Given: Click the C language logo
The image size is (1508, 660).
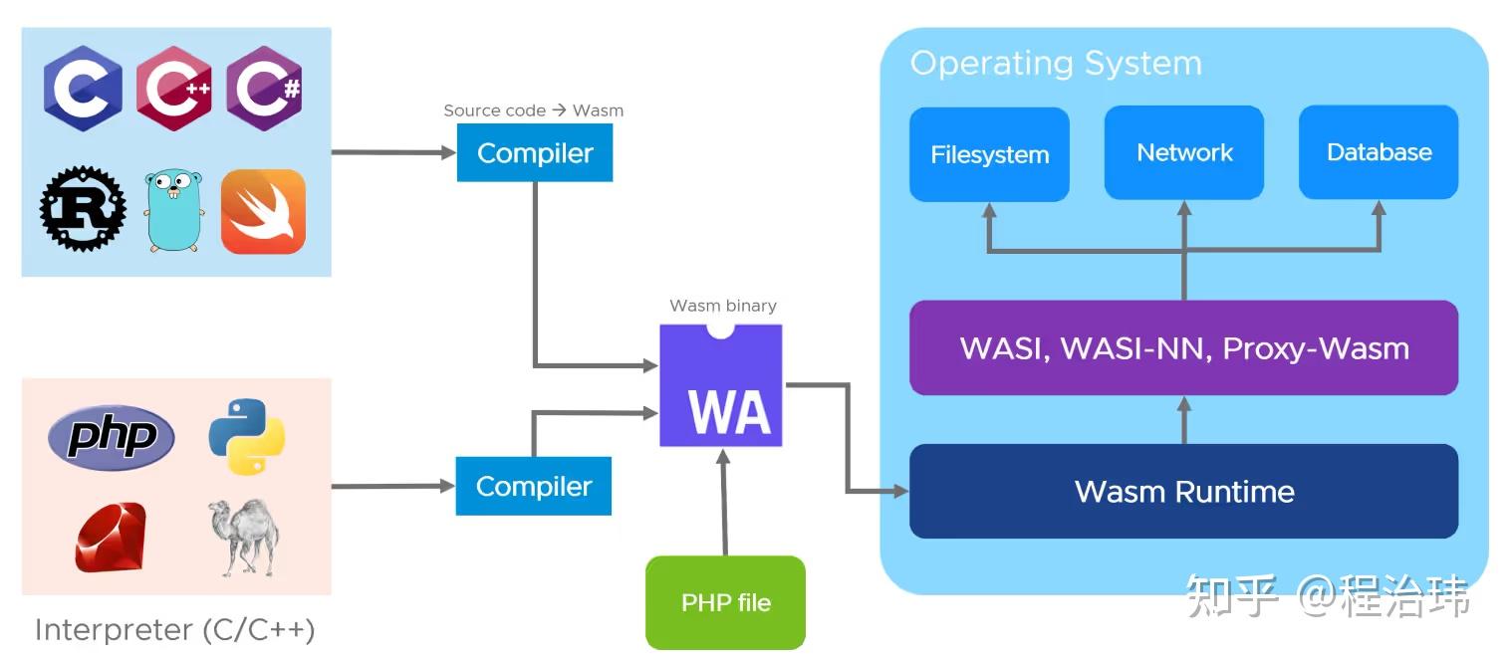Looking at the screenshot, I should point(83,89).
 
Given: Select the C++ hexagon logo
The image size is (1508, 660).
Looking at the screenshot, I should point(173,89).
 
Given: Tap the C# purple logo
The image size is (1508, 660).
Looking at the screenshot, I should point(264,89).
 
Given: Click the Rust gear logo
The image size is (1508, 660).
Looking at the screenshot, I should point(83,208).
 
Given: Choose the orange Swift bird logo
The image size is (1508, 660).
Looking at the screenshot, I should point(263,211).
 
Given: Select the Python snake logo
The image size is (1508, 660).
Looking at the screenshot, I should point(246,436).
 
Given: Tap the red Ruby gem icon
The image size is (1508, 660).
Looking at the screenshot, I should point(111,538).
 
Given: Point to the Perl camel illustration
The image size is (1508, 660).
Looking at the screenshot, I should point(243,537).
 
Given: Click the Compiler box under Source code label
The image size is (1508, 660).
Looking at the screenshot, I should point(535,153).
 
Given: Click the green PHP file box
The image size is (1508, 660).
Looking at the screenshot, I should point(725,602).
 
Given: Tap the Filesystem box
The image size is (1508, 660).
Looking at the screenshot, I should point(989,154).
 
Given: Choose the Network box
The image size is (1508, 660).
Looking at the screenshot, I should point(1183,152).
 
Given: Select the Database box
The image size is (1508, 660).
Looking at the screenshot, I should point(1379,152).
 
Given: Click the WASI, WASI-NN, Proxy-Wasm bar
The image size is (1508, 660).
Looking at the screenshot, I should point(1183,348).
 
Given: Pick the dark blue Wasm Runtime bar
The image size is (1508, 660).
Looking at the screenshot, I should point(1183,491).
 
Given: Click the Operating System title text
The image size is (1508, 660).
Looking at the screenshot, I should point(1056,64).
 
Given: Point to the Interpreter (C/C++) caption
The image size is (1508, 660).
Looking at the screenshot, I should point(175,630).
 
